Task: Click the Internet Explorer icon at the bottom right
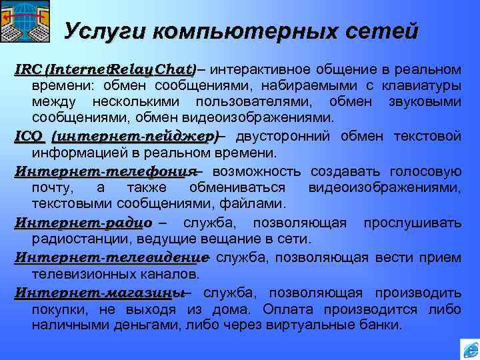(469, 349)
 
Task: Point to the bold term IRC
(29, 69)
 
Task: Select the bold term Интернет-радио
(83, 222)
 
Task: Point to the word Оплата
(285, 309)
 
